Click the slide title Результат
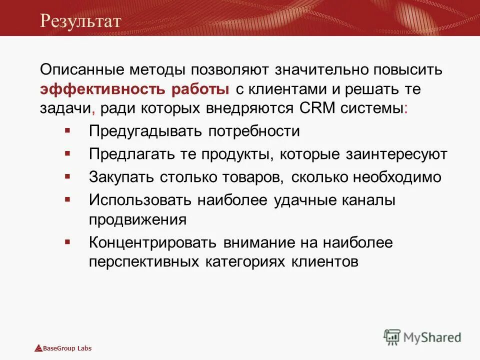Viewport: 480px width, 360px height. pos(81,20)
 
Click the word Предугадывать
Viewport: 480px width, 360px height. pos(145,131)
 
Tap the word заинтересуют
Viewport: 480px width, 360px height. pos(396,154)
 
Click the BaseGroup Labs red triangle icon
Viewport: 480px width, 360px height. pos(38,348)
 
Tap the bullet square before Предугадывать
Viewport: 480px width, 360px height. pos(67,130)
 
